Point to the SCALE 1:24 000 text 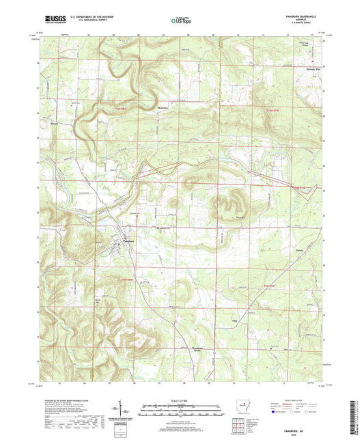(x=182, y=400)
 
